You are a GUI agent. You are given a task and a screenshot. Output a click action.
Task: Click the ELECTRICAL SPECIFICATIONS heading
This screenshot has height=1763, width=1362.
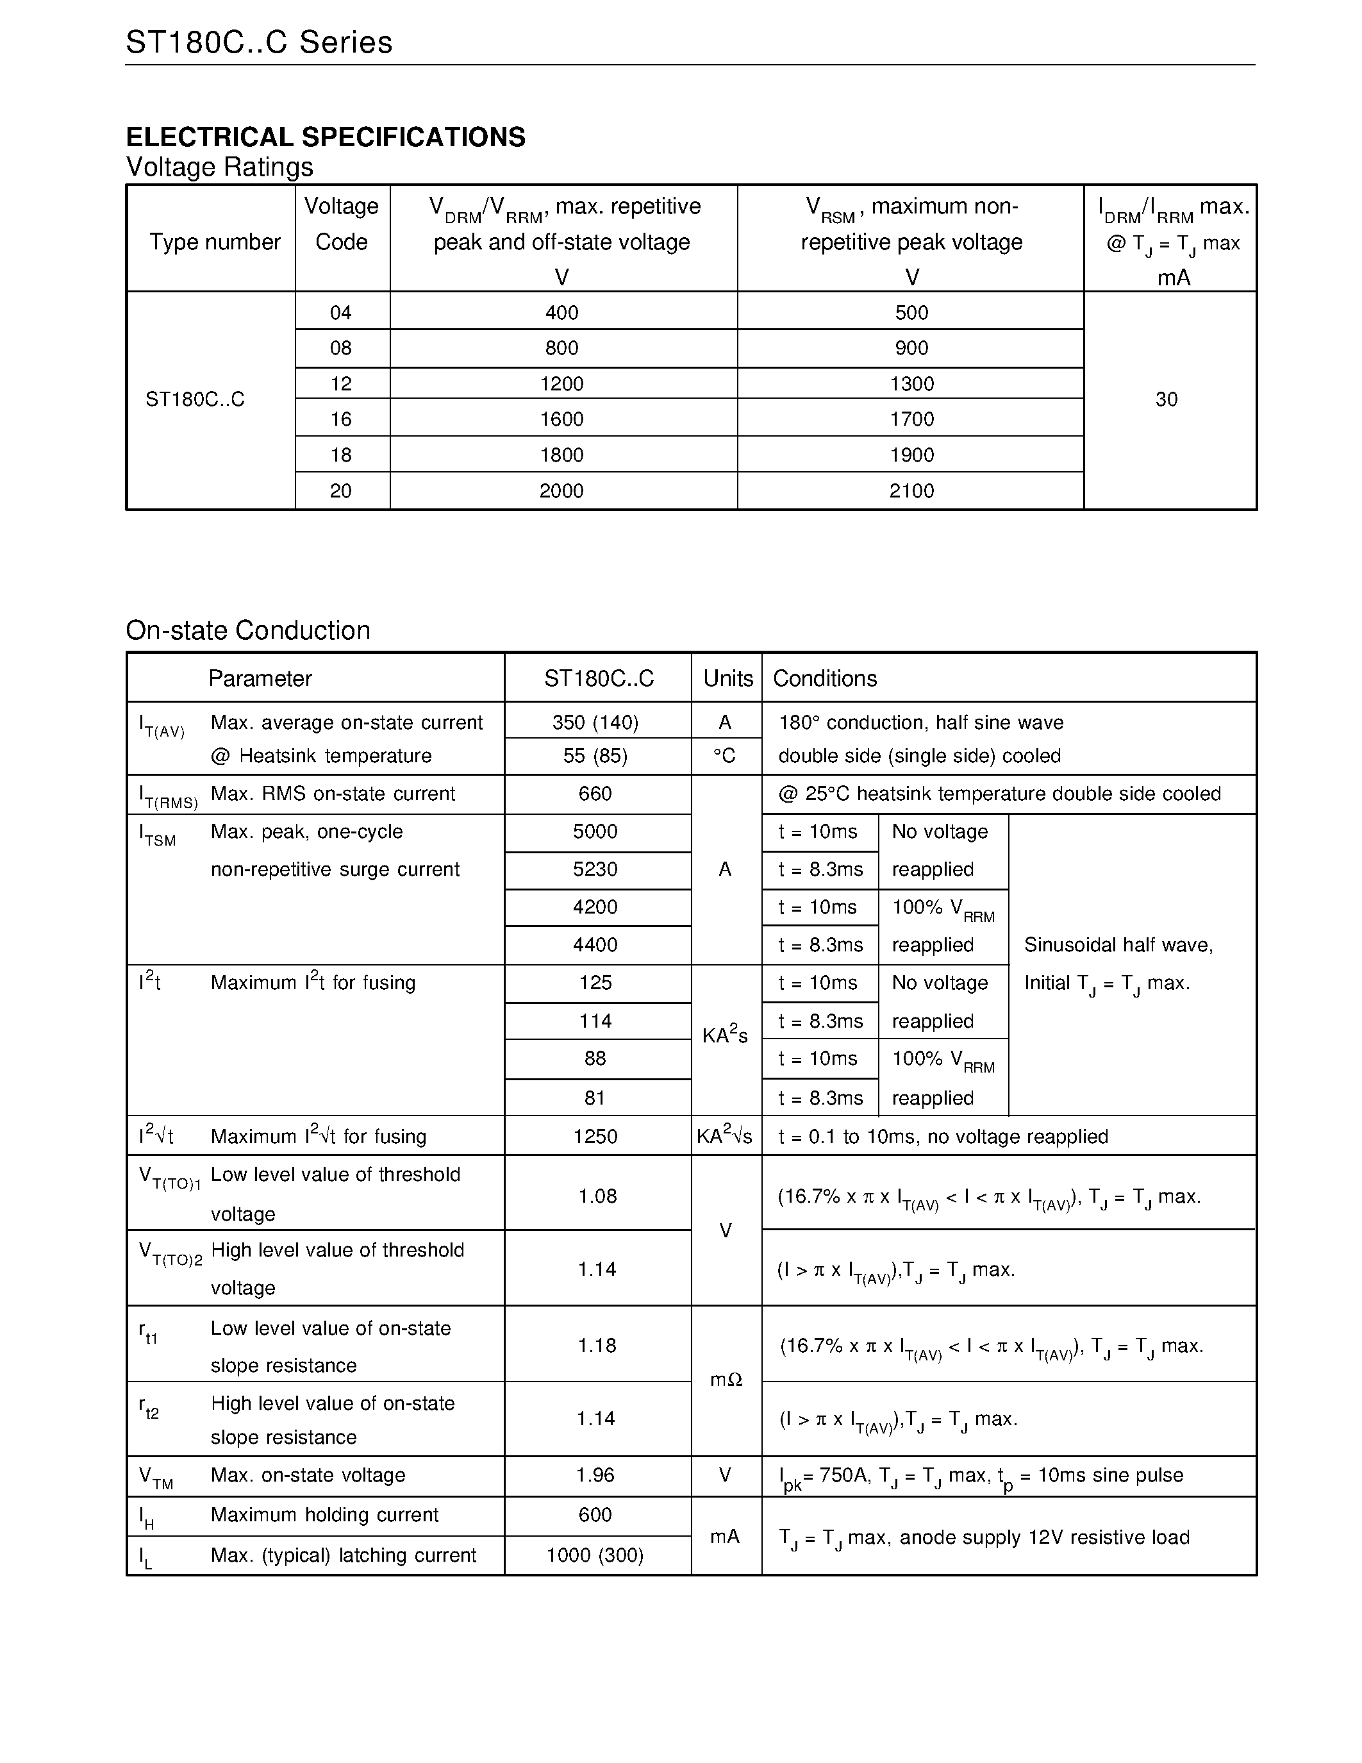point(325,137)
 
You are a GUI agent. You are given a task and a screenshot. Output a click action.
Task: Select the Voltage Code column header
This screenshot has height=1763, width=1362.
point(342,224)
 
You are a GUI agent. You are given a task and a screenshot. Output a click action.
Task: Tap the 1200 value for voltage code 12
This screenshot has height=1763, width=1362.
point(561,383)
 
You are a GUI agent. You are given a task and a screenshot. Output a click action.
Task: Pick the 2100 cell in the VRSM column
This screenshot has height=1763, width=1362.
point(912,491)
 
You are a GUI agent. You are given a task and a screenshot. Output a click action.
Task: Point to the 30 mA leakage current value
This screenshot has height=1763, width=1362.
point(1166,399)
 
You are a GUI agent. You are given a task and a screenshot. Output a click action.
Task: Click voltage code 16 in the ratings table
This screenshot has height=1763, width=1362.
point(342,419)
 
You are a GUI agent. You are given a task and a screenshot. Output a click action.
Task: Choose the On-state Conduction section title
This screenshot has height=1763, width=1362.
point(247,630)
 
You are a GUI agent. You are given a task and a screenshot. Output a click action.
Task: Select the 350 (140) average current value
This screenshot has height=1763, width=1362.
point(595,723)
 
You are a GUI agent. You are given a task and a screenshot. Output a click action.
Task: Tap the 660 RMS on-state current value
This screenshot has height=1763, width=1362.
point(595,794)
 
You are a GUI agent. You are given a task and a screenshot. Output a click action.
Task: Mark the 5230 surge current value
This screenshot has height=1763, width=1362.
point(595,869)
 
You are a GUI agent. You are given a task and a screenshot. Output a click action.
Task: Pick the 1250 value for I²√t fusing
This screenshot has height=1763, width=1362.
point(595,1137)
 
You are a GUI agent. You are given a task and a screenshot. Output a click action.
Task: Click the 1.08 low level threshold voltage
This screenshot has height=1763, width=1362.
point(597,1196)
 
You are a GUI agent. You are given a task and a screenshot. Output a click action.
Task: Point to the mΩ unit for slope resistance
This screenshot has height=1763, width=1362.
point(726,1380)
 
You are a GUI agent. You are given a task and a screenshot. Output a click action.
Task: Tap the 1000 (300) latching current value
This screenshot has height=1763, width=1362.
point(595,1555)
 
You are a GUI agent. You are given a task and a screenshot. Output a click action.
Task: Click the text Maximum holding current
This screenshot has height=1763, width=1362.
point(324,1514)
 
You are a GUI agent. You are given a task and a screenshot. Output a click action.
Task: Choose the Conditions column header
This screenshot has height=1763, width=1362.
point(825,678)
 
